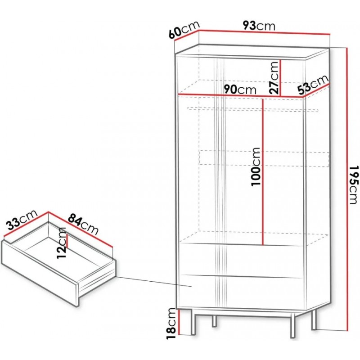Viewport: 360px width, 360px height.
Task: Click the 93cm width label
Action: click(259, 26)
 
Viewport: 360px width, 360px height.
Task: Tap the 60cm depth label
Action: click(184, 30)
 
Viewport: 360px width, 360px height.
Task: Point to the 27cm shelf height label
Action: click(274, 78)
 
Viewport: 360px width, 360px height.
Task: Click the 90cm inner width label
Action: click(240, 90)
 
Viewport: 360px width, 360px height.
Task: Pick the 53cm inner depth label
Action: click(313, 85)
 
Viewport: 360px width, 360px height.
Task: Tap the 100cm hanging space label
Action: click(256, 166)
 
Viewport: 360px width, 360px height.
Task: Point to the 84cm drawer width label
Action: click(83, 224)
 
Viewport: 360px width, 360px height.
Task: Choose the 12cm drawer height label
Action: click(61, 243)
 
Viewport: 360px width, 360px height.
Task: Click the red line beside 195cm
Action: click(347, 189)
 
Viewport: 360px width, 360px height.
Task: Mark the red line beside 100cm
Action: click(263, 172)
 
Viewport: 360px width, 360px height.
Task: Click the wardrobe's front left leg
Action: click(193, 322)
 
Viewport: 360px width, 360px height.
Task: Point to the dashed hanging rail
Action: click(253, 109)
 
